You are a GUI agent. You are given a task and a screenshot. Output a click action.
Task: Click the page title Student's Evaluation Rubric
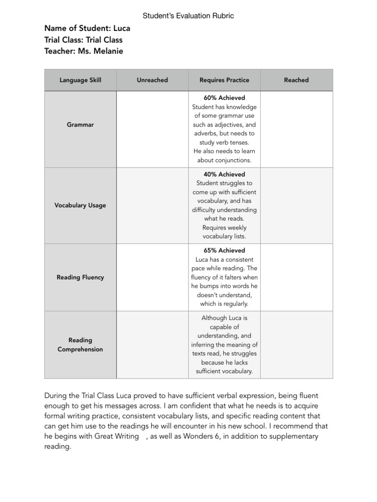(188, 16)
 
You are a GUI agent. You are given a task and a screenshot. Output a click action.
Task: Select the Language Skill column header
(80, 80)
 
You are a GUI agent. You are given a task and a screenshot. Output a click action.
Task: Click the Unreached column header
(152, 80)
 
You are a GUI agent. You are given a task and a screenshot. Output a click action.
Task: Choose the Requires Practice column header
(224, 80)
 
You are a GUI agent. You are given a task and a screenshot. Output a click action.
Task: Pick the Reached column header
(296, 80)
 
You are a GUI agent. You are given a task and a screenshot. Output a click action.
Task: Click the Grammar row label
(80, 125)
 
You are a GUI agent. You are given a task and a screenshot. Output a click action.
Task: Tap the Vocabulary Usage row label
(80, 205)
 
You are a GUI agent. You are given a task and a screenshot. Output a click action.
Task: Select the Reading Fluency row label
(80, 277)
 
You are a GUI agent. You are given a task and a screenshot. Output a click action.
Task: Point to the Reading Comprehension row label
(80, 345)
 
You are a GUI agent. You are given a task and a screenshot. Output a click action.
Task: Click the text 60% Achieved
(224, 98)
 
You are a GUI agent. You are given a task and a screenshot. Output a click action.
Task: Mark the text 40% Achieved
(224, 174)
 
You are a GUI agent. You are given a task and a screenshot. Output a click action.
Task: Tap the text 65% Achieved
(224, 250)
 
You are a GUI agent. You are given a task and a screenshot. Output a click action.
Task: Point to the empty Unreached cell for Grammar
(152, 129)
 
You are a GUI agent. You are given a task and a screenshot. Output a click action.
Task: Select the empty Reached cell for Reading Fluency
(296, 277)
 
